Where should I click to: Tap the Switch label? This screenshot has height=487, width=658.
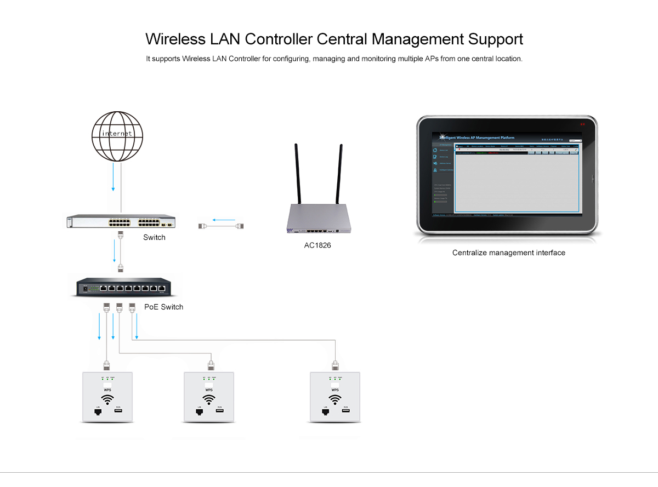(x=154, y=237)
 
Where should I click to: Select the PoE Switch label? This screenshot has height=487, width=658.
(x=163, y=307)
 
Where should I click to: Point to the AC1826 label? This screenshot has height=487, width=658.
(x=317, y=245)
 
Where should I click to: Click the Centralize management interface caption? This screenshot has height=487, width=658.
(x=508, y=253)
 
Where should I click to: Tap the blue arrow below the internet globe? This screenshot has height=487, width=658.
(x=113, y=178)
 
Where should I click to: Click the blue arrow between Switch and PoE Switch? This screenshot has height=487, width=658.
(x=114, y=252)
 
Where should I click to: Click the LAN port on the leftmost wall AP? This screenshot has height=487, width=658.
(x=98, y=412)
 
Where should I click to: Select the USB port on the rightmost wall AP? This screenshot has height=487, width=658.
(x=346, y=411)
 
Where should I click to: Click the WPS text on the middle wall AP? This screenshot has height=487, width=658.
(x=208, y=389)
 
